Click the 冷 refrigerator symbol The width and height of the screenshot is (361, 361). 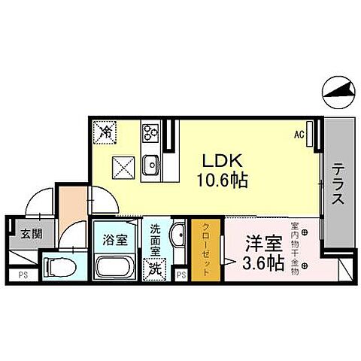[x=105, y=134]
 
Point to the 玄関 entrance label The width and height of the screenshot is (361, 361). [x=29, y=235]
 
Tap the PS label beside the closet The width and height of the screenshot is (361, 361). [x=180, y=276]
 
